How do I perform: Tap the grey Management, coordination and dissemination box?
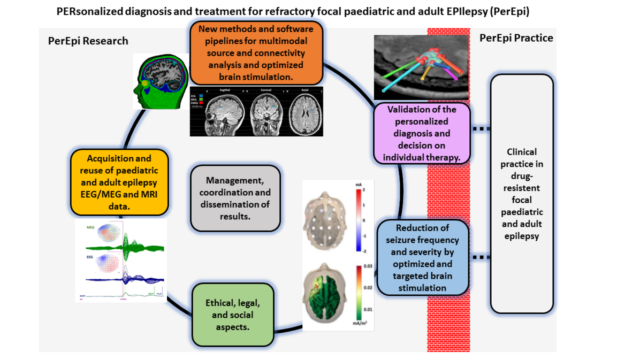pyautogui.click(x=235, y=197)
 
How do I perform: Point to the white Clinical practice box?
pyautogui.click(x=521, y=194)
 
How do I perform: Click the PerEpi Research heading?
pyautogui.click(x=88, y=41)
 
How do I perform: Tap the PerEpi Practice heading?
pyautogui.click(x=516, y=38)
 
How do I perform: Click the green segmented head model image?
pyautogui.click(x=161, y=83)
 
